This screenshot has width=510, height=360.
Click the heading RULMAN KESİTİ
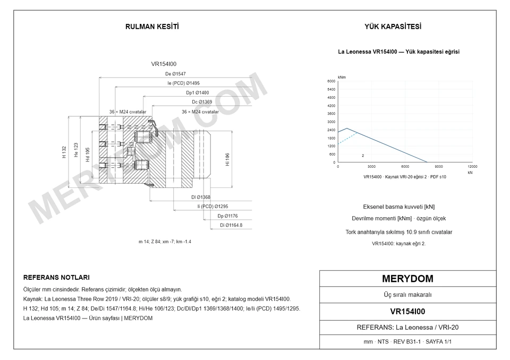[152, 27]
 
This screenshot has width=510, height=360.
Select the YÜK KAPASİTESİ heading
[393, 27]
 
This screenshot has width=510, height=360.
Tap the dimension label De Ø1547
[175, 74]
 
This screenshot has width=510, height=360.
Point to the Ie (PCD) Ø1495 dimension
[183, 83]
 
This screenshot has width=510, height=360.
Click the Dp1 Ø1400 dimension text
[198, 93]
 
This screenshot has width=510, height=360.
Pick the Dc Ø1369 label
[202, 102]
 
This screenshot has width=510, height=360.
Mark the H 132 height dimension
[64, 152]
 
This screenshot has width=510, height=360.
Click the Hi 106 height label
[227, 160]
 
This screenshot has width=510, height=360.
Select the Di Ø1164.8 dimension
[231, 225]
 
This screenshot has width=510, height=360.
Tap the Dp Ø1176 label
[227, 216]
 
